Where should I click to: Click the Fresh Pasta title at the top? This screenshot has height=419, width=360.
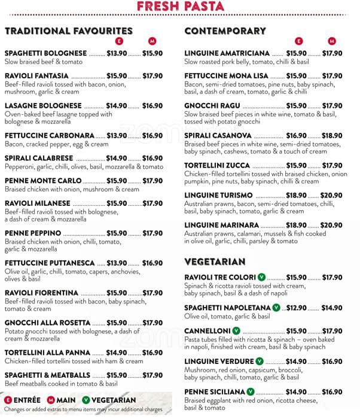pos(179,7)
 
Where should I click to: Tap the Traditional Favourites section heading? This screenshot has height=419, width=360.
pos(69,31)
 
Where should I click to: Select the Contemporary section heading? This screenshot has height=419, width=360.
pos(225,31)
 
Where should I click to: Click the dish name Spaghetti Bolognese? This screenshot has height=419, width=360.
pos(45,53)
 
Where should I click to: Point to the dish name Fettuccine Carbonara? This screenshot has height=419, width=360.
pos(50,136)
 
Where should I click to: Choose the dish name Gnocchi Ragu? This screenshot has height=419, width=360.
pos(212,106)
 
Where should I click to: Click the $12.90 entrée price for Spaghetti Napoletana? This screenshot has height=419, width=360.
pos(296,308)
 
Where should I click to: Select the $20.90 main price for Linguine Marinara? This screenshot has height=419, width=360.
pos(331,225)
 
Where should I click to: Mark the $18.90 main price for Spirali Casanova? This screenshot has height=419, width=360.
pos(332,136)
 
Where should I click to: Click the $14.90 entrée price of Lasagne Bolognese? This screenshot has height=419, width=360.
pos(117,106)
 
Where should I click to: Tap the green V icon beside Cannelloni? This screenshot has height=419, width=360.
pos(236,331)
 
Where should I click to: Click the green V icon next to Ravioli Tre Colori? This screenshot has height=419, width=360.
pos(261,277)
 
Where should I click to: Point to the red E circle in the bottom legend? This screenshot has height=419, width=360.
pos(8,400)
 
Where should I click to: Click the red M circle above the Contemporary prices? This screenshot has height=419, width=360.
pos(332,41)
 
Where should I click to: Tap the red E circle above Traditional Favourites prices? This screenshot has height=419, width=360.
pos(118,41)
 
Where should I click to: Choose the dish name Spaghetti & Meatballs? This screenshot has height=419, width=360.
pos(47,375)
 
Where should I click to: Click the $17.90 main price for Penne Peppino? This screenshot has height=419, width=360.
pos(152,233)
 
